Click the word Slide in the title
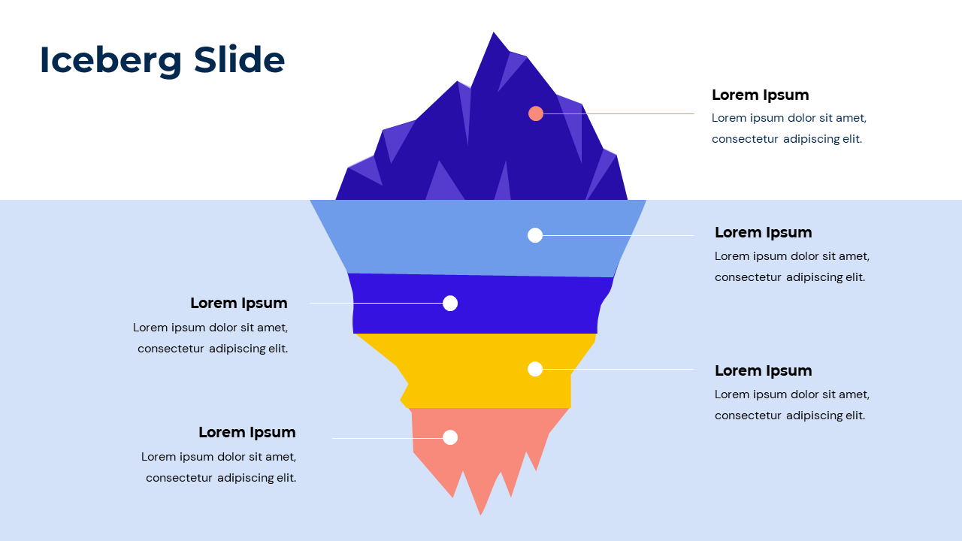point(239,59)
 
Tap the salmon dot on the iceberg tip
point(536,113)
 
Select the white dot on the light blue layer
point(535,235)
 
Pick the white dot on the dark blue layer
point(450,303)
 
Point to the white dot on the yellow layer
point(535,369)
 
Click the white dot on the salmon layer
point(450,437)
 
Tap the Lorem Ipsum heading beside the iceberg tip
point(760,95)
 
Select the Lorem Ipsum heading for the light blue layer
point(763,232)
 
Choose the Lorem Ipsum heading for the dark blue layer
point(239,303)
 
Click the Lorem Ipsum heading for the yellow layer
point(763,370)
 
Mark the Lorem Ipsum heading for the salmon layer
point(247,432)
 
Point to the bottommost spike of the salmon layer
point(481,512)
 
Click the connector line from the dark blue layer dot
point(376,303)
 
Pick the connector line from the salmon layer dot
point(387,438)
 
